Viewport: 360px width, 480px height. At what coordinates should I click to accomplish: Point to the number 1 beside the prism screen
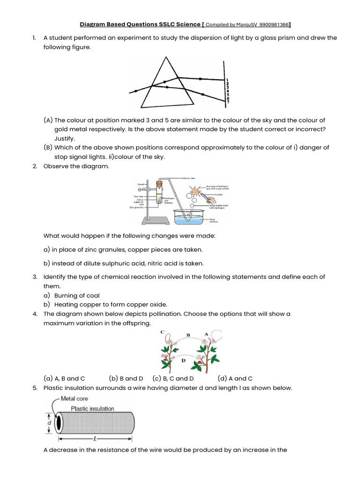pos(227,80)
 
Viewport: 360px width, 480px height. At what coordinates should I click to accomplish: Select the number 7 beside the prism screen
pos(227,102)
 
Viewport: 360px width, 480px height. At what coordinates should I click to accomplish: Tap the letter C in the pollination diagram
pos(163,332)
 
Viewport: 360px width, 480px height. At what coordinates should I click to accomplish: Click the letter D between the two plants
pos(183,360)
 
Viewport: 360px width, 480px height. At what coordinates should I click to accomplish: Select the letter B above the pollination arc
pos(188,335)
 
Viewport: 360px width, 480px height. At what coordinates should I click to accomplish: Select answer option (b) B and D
pos(126,378)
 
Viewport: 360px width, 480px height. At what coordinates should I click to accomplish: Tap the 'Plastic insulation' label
pos(92,408)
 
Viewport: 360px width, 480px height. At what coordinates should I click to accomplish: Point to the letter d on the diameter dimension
pos(48,423)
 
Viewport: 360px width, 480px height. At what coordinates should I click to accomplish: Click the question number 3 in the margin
pos(35,277)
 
